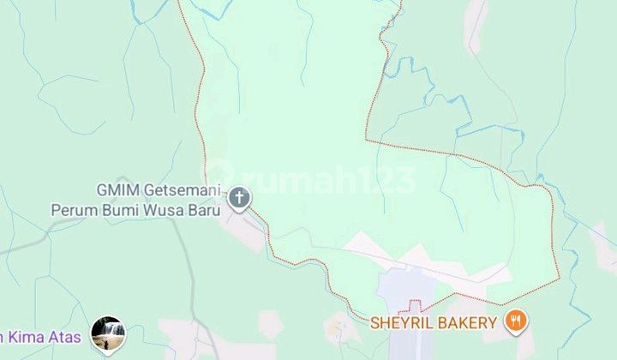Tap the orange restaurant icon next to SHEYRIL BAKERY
coord(516,322)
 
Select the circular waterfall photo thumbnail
coord(108,334)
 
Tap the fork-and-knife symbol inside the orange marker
coord(516,322)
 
